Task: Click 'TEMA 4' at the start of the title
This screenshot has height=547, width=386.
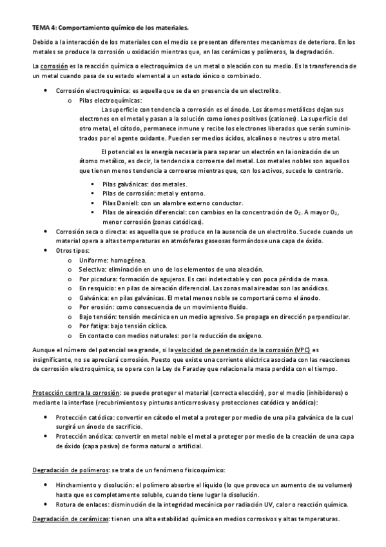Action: point(44,28)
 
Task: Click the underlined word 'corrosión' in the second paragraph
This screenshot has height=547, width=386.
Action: point(53,66)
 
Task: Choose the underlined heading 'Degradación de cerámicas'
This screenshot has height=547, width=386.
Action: point(70,519)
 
